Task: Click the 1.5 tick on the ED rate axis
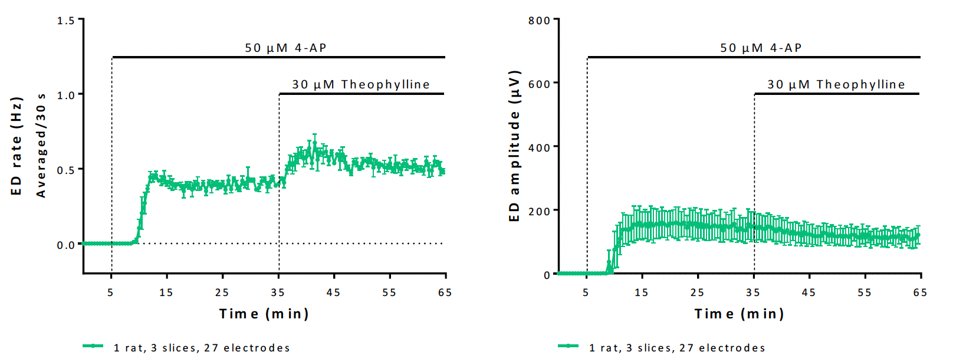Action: pyautogui.click(x=66, y=21)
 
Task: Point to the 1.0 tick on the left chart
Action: pyautogui.click(x=66, y=95)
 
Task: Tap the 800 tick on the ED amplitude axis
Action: pyautogui.click(x=539, y=21)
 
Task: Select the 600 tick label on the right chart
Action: pyautogui.click(x=539, y=84)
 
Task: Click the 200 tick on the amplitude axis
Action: pyautogui.click(x=539, y=211)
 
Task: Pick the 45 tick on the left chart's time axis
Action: pyautogui.click(x=333, y=292)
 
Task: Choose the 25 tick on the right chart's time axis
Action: pyautogui.click(x=697, y=292)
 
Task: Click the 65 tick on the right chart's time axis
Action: pyautogui.click(x=920, y=292)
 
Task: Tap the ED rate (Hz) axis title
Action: pyautogui.click(x=17, y=146)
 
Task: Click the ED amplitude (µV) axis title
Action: pyautogui.click(x=514, y=146)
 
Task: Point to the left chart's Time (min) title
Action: pyautogui.click(x=264, y=314)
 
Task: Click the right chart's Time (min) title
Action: pyautogui.click(x=739, y=314)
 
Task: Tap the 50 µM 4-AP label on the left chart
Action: pyautogui.click(x=285, y=48)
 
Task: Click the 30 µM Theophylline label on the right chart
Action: pyautogui.click(x=836, y=84)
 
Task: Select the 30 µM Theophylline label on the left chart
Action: pyautogui.click(x=361, y=84)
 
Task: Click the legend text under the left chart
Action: pyautogui.click(x=202, y=348)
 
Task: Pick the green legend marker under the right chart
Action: pyautogui.click(x=568, y=346)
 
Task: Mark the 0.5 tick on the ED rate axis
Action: pyautogui.click(x=66, y=170)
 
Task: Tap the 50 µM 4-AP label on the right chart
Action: pyautogui.click(x=761, y=48)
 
